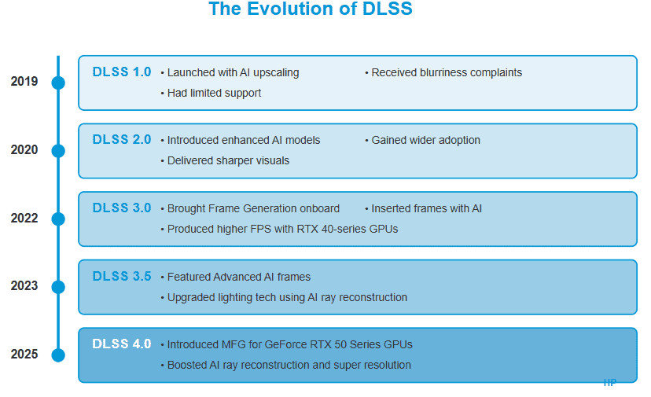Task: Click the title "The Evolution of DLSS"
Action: [310, 9]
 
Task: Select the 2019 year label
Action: [24, 82]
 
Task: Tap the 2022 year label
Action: [24, 219]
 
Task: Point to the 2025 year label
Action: [24, 355]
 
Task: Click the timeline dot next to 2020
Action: [58, 151]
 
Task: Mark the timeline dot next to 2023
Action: [58, 287]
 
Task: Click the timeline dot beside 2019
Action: [58, 83]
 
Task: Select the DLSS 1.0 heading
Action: [121, 72]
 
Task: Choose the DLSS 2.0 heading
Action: [121, 140]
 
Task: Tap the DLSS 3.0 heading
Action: [121, 208]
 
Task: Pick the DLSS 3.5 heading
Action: [121, 277]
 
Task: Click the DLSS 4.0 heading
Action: [121, 344]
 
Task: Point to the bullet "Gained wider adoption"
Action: [425, 140]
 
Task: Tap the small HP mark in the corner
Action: [609, 383]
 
